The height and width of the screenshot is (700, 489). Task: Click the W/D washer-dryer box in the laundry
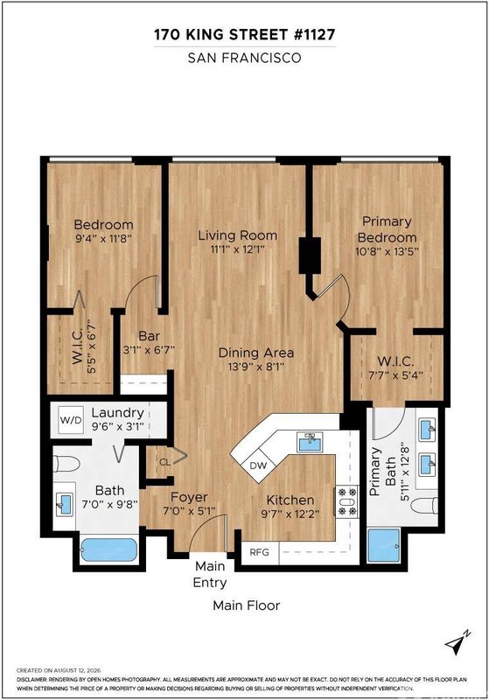pos(71,420)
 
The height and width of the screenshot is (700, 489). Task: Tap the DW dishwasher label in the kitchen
pos(258,465)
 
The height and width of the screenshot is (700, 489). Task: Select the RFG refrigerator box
pos(260,552)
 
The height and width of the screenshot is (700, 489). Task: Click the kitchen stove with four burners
pos(347,501)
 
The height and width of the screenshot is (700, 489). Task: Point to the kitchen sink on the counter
pos(310,443)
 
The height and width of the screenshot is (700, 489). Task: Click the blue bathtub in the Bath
pos(109,550)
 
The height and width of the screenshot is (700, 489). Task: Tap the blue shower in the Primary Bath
pos(383,545)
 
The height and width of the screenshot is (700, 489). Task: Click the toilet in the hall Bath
pos(66,464)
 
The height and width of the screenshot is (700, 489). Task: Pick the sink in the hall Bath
pos(63,505)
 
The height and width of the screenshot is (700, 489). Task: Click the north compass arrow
pos(458,643)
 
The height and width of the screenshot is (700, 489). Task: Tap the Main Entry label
pos(210,575)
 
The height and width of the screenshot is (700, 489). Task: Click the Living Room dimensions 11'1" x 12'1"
pos(237,249)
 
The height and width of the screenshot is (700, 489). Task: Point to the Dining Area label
pos(256,353)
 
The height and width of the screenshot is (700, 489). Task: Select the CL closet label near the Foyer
pos(165,463)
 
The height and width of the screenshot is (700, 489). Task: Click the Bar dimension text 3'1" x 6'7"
pos(149,350)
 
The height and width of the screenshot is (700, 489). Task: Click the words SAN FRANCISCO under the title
pos(245,58)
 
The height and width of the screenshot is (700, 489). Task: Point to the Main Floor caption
pos(247,605)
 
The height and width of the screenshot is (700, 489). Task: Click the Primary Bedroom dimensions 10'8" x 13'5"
pos(387,251)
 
